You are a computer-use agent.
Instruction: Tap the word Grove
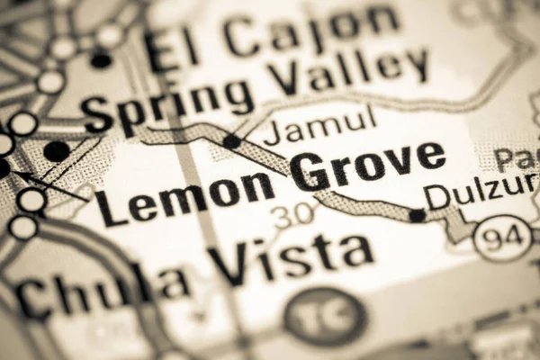coord(369,166)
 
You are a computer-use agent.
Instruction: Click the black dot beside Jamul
coord(232,141)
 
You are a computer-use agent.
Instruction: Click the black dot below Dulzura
coord(417,215)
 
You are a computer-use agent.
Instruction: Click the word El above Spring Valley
coord(174,49)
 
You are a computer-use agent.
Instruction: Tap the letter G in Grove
coord(310,172)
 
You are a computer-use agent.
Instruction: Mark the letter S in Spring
coord(97,115)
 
